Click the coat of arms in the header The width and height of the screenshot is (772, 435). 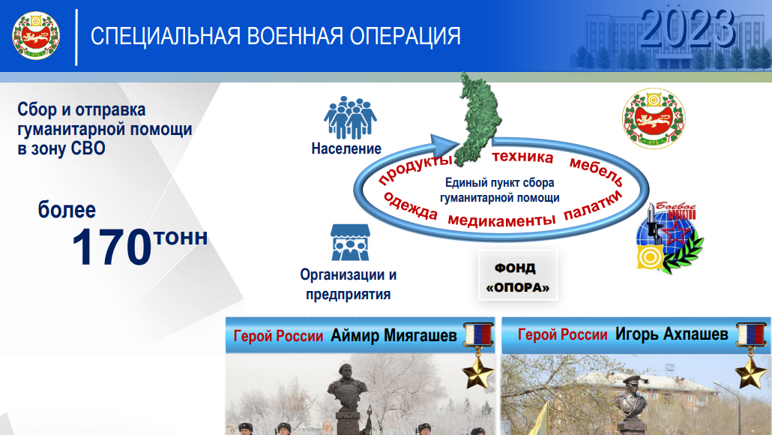click(36, 35)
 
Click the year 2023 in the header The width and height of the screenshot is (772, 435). click(687, 29)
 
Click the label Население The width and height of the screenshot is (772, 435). click(346, 148)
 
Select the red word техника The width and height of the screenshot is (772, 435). click(522, 157)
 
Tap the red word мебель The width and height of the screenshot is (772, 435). click(596, 172)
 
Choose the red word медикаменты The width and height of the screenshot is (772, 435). click(501, 219)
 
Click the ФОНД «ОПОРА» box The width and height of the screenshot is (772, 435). click(517, 277)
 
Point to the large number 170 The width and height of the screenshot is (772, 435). click(112, 247)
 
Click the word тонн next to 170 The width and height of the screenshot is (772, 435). click(181, 238)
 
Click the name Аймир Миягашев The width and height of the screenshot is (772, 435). click(393, 335)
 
